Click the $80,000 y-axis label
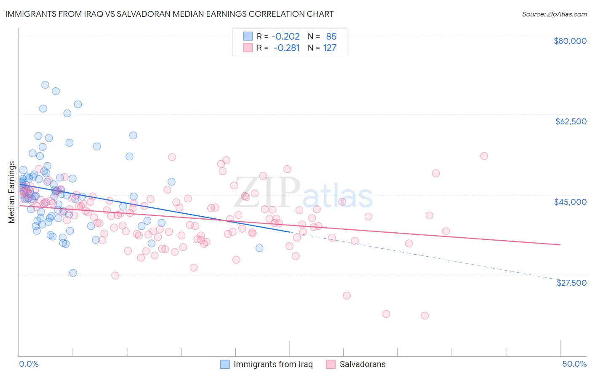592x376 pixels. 570,41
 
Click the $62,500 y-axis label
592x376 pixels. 571,121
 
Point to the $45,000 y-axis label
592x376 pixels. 570,202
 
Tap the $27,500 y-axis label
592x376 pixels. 571,283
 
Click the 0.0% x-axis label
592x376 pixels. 29,364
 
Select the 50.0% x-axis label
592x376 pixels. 574,364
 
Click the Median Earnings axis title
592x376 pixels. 11,192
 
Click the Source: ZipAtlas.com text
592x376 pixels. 554,14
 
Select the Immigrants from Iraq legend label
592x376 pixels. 273,364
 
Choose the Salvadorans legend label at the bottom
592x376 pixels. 362,364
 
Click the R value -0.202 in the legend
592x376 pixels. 285,37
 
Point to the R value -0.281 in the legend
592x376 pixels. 286,48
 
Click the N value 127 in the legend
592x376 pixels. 330,48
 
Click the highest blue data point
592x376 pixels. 45,85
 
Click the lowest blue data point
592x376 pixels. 73,273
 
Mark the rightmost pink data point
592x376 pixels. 484,156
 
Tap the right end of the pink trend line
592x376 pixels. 560,244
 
